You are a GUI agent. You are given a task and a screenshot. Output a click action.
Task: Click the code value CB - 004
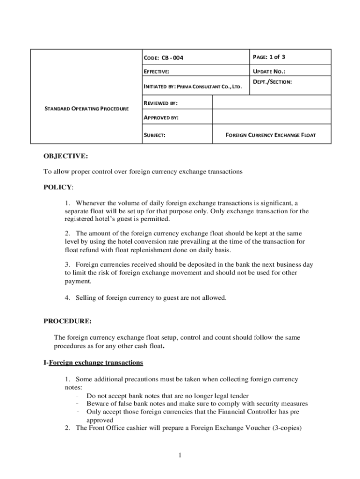tap(173, 58)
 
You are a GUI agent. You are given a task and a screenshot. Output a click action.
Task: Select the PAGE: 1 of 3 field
tap(269, 57)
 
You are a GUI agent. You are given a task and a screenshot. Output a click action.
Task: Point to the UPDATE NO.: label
tap(269, 72)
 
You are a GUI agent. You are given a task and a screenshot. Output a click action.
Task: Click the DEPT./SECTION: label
tap(272, 81)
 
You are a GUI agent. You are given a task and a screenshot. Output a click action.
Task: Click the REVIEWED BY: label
tap(160, 103)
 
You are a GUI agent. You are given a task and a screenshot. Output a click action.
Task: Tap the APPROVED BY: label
tap(160, 118)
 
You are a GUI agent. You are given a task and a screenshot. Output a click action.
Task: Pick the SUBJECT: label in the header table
tap(154, 135)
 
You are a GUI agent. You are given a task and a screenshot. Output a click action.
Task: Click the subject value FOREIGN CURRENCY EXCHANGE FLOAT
tap(271, 135)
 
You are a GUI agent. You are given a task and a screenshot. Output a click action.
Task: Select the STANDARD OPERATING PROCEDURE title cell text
tap(86, 109)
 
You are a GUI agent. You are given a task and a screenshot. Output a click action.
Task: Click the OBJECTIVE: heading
tap(65, 156)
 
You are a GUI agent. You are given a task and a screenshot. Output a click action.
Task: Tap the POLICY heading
tap(58, 187)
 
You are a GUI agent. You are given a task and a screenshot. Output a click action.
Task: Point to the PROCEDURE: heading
tap(67, 321)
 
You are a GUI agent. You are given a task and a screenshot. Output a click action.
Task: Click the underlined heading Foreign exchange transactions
tap(96, 363)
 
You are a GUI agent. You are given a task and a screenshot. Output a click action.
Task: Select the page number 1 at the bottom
tap(179, 456)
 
